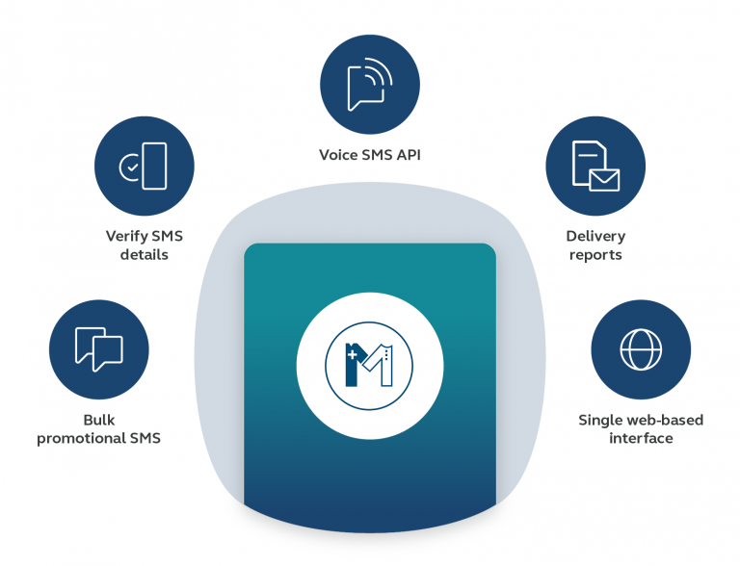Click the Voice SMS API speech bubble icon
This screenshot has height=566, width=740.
click(x=370, y=85)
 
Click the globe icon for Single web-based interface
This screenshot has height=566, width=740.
click(x=640, y=348)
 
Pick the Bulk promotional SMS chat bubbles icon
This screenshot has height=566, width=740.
click(x=98, y=348)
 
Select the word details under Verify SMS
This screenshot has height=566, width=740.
click(x=145, y=255)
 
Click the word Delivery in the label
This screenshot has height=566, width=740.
click(x=595, y=237)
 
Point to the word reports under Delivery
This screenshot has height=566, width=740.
click(x=595, y=255)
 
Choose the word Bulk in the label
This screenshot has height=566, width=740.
click(x=98, y=421)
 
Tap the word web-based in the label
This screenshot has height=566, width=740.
click(x=665, y=421)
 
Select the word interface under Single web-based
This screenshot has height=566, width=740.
click(x=641, y=439)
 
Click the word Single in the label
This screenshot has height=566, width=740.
click(x=600, y=421)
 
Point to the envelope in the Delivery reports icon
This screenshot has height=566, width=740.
click(x=604, y=179)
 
